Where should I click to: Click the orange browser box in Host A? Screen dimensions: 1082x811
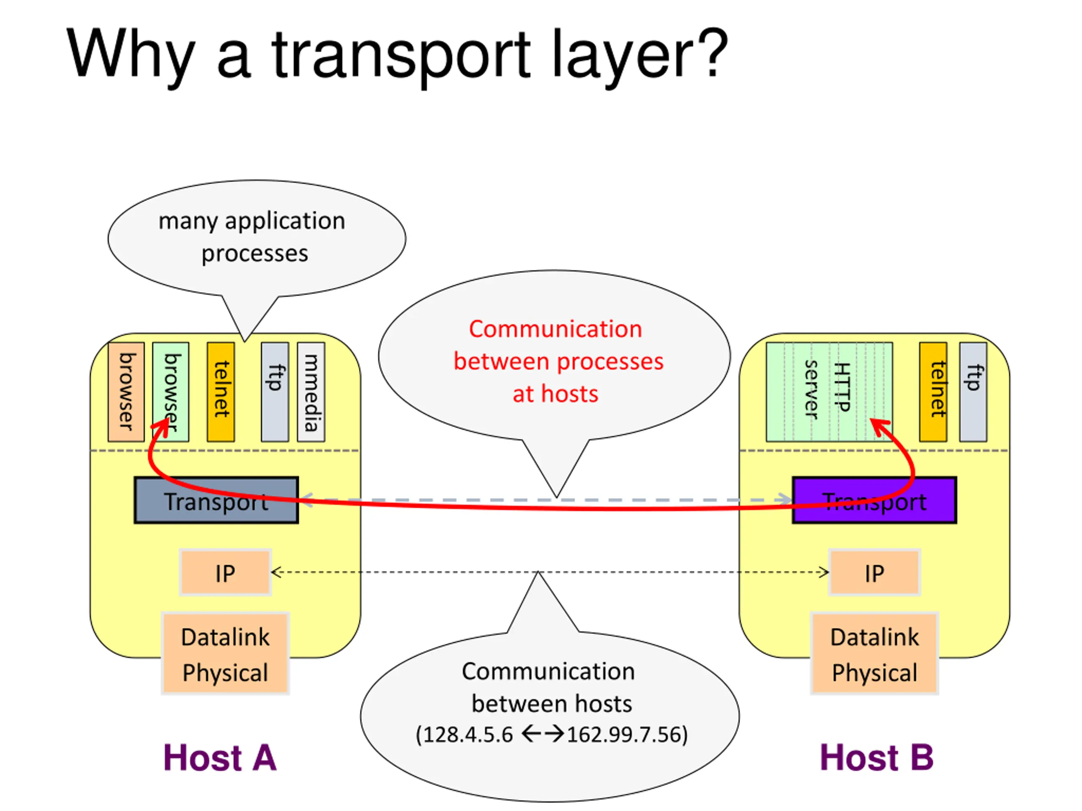pyautogui.click(x=126, y=392)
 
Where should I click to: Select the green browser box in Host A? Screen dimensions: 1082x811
pyautogui.click(x=171, y=392)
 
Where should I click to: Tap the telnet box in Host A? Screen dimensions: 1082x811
pyautogui.click(x=221, y=392)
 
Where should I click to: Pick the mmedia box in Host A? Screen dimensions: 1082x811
pyautogui.click(x=311, y=392)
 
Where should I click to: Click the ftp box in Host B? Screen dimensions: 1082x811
pyautogui.click(x=973, y=392)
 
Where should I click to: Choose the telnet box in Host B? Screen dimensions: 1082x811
pyautogui.click(x=933, y=392)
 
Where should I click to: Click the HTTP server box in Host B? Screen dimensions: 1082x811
pyautogui.click(x=829, y=392)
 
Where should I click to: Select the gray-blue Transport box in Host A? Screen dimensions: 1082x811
pyautogui.click(x=216, y=501)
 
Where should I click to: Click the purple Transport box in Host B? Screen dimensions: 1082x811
pyautogui.click(x=874, y=501)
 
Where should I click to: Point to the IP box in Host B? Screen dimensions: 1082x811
pyautogui.click(x=874, y=572)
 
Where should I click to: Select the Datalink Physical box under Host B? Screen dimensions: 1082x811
pyautogui.click(x=874, y=653)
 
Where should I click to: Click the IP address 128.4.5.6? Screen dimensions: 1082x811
pyautogui.click(x=467, y=735)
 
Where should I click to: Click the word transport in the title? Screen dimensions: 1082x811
pyautogui.click(x=401, y=54)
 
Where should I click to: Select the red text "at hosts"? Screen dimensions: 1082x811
pyautogui.click(x=555, y=394)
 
